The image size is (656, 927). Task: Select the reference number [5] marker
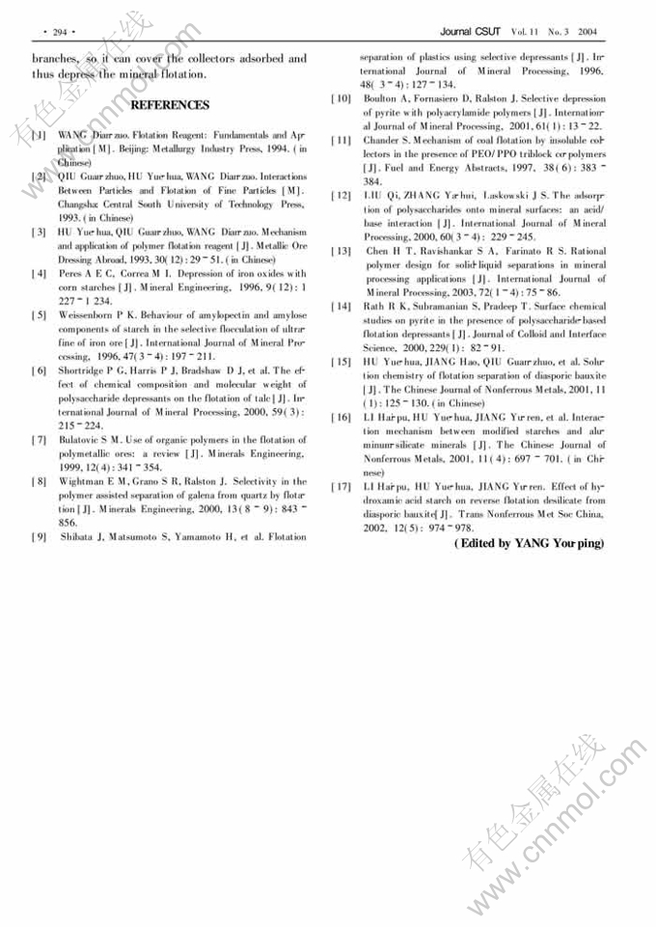(38, 315)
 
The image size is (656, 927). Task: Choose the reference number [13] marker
(340, 251)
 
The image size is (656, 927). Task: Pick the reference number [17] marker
(340, 486)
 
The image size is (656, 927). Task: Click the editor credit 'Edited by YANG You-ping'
(529, 544)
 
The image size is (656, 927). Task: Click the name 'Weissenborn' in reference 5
(90, 315)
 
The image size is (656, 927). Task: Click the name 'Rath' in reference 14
(373, 307)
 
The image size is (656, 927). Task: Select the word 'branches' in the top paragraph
(55, 59)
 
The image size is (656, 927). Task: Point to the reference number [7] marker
(38, 440)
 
